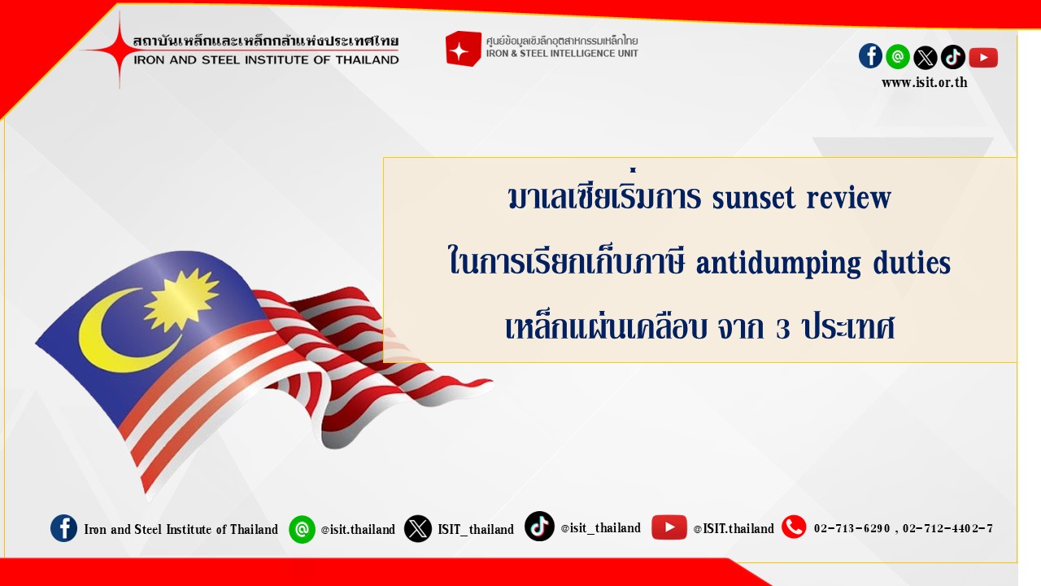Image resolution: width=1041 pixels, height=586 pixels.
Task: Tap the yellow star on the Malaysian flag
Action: (x=181, y=300)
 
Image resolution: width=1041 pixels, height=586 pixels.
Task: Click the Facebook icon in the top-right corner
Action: (x=870, y=56)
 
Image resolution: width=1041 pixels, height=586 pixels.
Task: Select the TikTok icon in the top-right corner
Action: (x=952, y=57)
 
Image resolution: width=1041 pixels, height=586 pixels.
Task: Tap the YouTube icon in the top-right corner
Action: (x=983, y=57)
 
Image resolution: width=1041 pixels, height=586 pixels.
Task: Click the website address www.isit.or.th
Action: (x=924, y=83)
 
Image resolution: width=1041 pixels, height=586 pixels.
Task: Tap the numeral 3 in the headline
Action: (x=782, y=328)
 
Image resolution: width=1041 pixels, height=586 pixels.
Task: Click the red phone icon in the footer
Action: (x=794, y=527)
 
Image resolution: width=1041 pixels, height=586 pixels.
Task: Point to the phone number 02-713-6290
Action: (x=852, y=528)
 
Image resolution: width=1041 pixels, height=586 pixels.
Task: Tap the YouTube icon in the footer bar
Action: (x=669, y=527)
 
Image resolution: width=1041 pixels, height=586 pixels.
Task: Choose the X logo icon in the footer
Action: (x=417, y=528)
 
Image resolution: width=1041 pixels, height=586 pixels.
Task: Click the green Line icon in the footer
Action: (x=302, y=529)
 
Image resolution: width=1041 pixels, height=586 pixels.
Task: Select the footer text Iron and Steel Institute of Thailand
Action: (x=181, y=529)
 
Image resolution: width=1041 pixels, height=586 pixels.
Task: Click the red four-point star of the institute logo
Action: (x=119, y=50)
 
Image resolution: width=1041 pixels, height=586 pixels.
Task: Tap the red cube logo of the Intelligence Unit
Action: (x=463, y=49)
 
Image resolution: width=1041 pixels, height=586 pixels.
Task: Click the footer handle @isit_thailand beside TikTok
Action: (x=600, y=528)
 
